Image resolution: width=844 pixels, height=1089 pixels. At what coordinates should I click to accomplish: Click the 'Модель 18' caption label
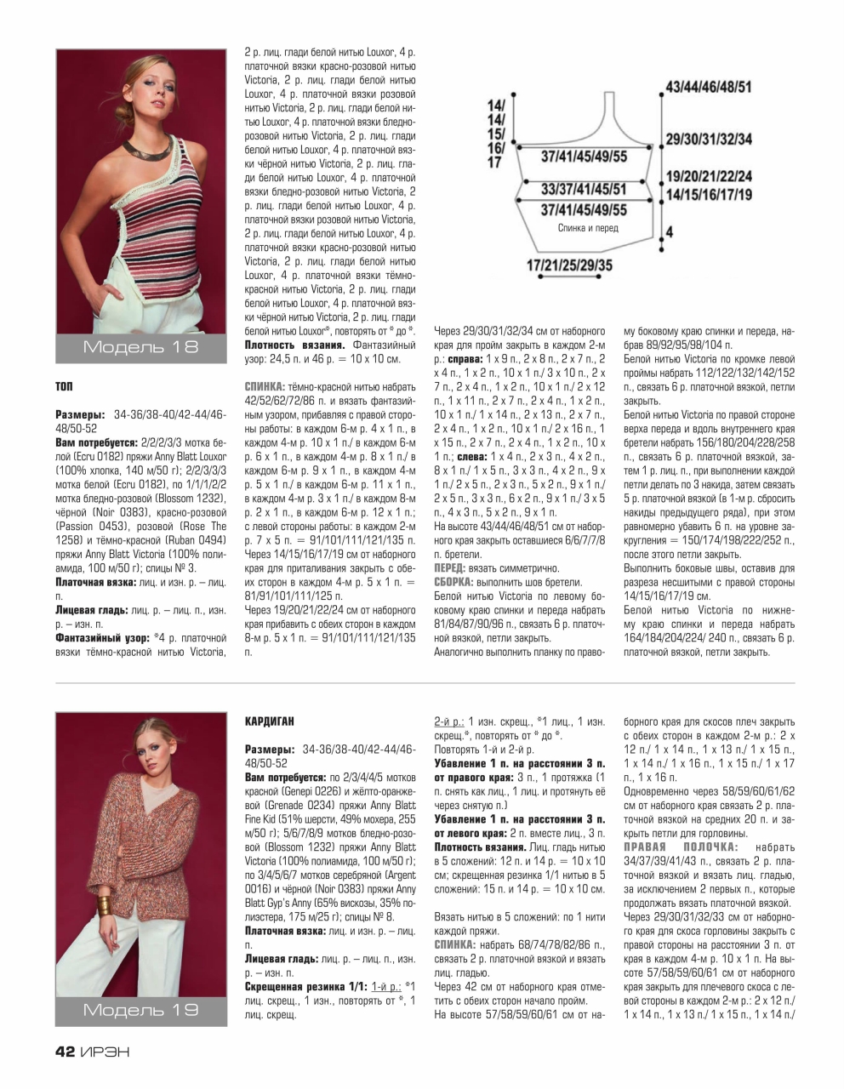click(x=140, y=346)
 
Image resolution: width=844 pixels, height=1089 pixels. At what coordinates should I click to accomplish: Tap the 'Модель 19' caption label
click(x=140, y=1009)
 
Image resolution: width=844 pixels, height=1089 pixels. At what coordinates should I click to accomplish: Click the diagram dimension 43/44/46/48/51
click(x=708, y=87)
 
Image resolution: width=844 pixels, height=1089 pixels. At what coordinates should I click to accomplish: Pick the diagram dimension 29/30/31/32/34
click(x=708, y=139)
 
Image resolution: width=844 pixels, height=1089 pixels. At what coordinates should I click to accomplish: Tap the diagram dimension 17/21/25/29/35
click(x=569, y=266)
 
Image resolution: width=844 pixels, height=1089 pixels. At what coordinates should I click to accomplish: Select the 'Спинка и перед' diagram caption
click(x=588, y=228)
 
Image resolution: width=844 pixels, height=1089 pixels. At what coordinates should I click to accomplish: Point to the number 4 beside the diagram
click(x=670, y=231)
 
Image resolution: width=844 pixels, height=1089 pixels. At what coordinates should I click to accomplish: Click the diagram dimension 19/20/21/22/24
click(x=708, y=177)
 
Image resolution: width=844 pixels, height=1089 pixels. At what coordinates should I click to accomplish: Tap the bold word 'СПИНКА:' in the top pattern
click(x=265, y=385)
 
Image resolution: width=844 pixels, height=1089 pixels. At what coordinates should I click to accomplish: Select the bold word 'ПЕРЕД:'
click(x=450, y=567)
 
